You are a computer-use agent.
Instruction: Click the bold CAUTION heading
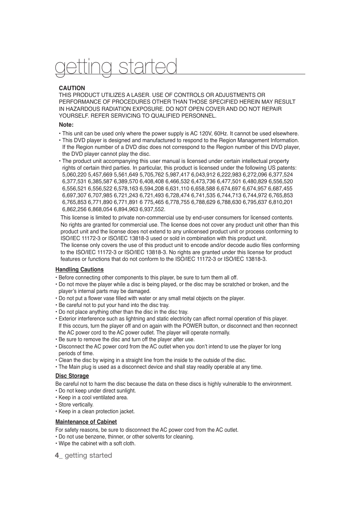pyautogui.click(x=72, y=88)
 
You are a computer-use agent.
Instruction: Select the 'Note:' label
pyautogui.click(x=66, y=125)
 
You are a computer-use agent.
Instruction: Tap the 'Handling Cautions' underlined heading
pyautogui.click(x=79, y=270)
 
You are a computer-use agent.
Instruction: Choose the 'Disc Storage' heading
pyautogui.click(x=72, y=376)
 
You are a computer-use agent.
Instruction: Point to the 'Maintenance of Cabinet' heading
pyautogui.click(x=86, y=422)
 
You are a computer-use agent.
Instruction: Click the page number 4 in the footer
pyautogui.click(x=57, y=455)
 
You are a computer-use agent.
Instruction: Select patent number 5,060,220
pyautogui.click(x=74, y=175)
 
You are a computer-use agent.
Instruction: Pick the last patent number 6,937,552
pyautogui.click(x=152, y=209)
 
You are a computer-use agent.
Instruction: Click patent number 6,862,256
pyautogui.click(x=74, y=209)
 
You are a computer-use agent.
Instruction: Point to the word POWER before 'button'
pyautogui.click(x=192, y=326)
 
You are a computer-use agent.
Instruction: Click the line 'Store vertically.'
pyautogui.click(x=76, y=405)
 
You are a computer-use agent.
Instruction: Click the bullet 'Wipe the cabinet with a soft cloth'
pyautogui.click(x=97, y=443)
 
